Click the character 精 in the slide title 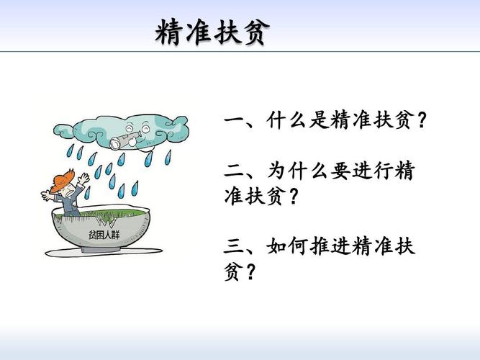click(x=169, y=32)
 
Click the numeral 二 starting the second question click(x=235, y=171)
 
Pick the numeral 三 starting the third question click(x=235, y=248)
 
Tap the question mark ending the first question click(x=422, y=120)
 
